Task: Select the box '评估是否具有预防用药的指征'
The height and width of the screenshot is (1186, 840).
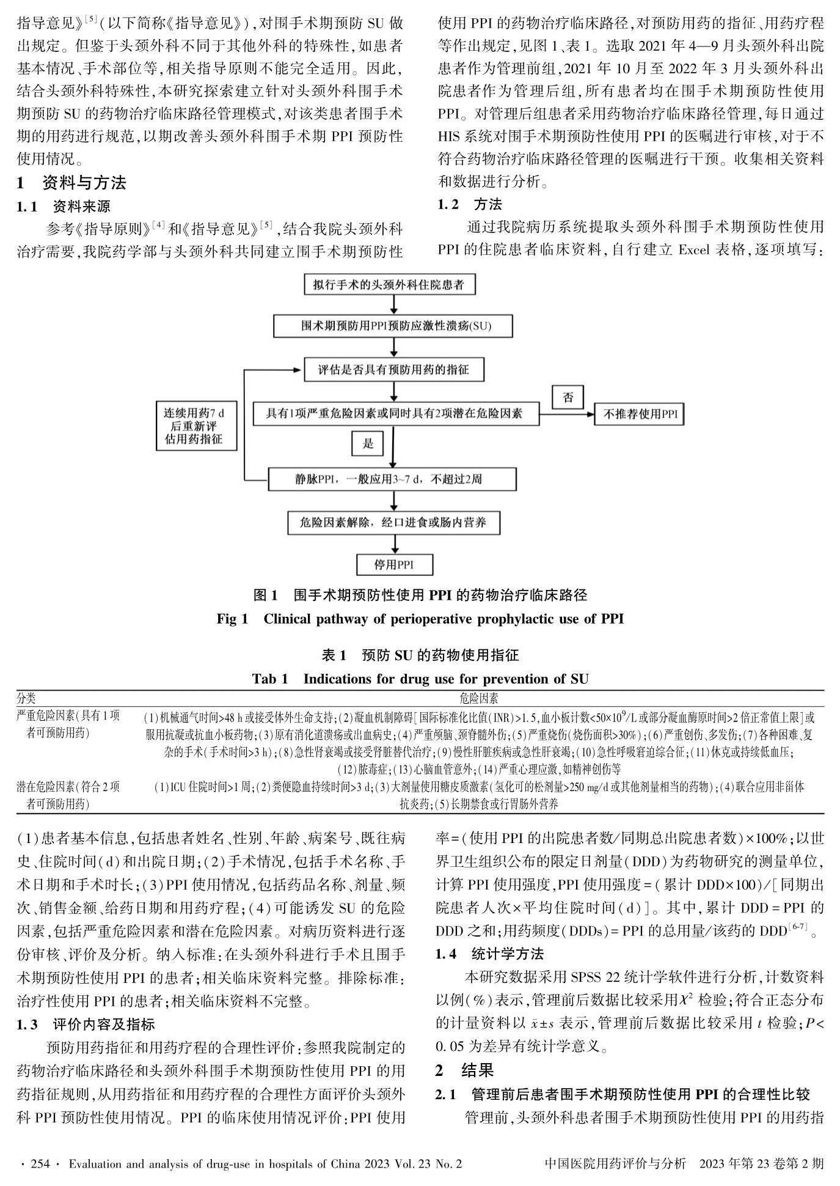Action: click(x=394, y=370)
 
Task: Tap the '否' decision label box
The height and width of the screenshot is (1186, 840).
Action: click(x=568, y=398)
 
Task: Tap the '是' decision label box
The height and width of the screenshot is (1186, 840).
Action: click(x=368, y=443)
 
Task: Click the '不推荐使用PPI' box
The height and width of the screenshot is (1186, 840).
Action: click(x=640, y=414)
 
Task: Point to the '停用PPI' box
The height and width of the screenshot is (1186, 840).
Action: click(x=394, y=564)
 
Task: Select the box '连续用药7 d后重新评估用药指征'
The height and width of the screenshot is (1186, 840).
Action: click(x=195, y=426)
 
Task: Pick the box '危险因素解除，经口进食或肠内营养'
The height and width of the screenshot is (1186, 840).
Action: click(x=394, y=523)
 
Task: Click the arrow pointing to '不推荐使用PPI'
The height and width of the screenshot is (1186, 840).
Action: click(x=568, y=414)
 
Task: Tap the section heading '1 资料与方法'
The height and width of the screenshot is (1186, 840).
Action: click(x=72, y=183)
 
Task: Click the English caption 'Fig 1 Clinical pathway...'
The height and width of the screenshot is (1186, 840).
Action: click(x=420, y=619)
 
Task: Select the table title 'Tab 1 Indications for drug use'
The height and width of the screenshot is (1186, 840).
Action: click(x=420, y=679)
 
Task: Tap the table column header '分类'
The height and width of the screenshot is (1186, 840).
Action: click(x=26, y=698)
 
